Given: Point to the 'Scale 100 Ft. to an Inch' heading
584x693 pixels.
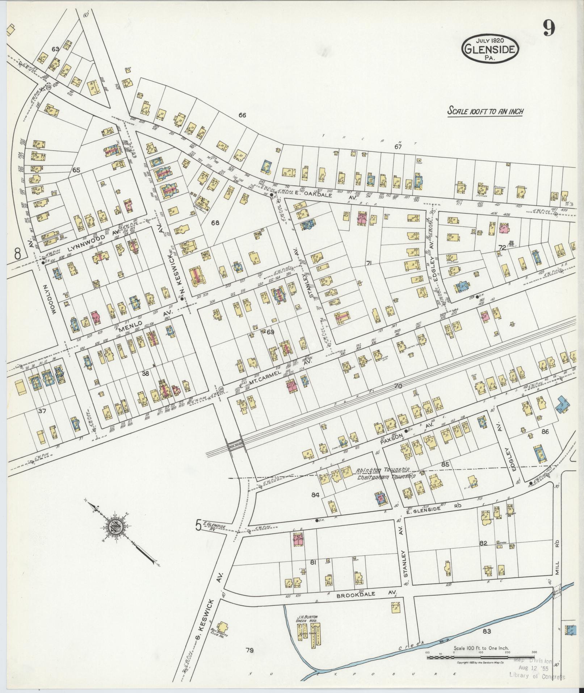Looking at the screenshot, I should [485, 111].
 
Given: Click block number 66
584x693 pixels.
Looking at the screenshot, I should [242, 115].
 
